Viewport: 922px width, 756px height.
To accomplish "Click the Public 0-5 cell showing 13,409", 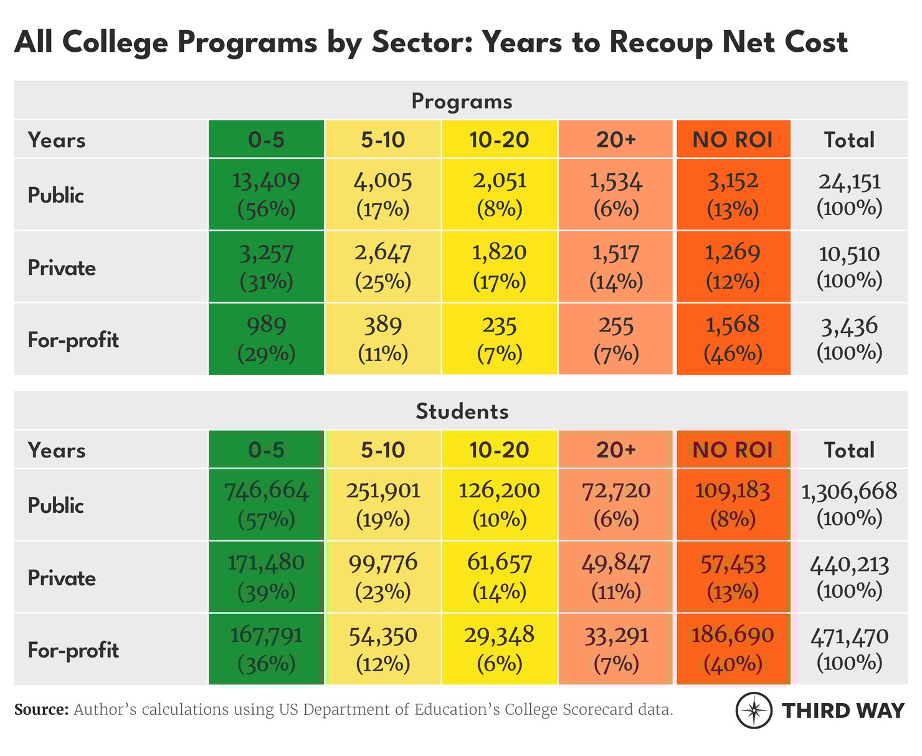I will [266, 194].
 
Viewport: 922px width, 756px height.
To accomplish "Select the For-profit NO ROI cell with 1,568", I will [733, 339].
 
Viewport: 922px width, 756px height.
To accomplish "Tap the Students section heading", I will [462, 411].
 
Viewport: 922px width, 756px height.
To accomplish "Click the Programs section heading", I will [462, 101].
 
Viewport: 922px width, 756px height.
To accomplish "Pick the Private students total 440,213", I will [849, 577].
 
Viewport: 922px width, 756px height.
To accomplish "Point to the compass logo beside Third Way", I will [754, 711].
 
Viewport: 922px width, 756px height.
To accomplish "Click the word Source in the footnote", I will [41, 710].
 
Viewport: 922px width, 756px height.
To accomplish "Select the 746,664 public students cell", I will [266, 504].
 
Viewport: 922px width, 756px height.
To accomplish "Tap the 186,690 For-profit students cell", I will [733, 649].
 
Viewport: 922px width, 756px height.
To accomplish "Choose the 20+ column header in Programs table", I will [616, 140].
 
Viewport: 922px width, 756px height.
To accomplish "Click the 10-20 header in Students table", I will [499, 449].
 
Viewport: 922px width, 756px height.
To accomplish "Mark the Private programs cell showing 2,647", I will [383, 267].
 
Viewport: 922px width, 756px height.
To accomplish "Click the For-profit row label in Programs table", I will [74, 340].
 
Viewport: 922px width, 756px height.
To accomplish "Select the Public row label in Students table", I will [56, 505].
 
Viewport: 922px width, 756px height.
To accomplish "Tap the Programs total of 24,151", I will [849, 194].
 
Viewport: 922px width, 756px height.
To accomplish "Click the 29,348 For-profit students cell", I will [499, 649].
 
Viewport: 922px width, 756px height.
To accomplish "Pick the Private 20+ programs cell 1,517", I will [616, 267].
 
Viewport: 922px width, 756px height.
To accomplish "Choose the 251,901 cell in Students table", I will [383, 504].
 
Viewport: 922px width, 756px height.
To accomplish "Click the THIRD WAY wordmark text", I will [843, 711].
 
